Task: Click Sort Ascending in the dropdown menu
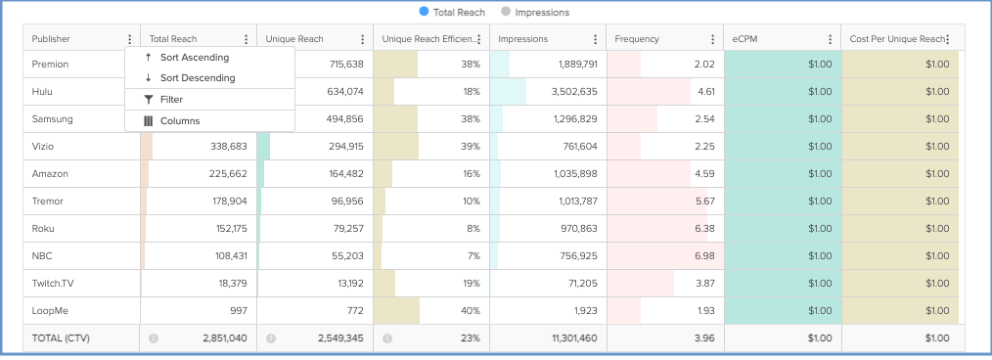[194, 58]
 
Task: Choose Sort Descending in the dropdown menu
[197, 77]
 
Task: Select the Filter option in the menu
[171, 100]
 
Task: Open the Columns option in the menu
[179, 121]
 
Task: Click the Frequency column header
[637, 39]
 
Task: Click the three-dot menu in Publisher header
[129, 39]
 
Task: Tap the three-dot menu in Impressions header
[595, 39]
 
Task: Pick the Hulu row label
[42, 92]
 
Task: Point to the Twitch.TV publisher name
[53, 284]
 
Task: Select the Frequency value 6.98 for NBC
[703, 256]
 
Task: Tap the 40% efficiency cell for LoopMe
[471, 311]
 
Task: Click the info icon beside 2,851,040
[154, 338]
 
